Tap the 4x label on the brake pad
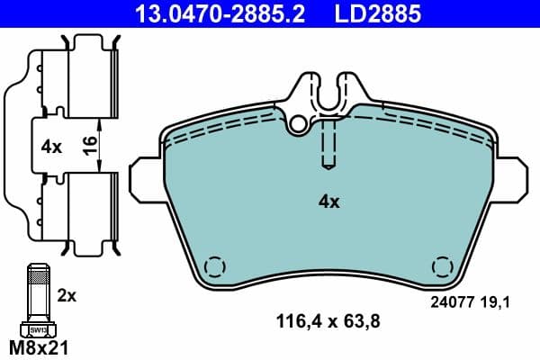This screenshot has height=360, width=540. (329, 202)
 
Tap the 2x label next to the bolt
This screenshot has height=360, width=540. (68, 295)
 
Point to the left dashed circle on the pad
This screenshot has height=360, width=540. (214, 268)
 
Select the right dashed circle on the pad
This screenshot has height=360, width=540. (442, 268)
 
